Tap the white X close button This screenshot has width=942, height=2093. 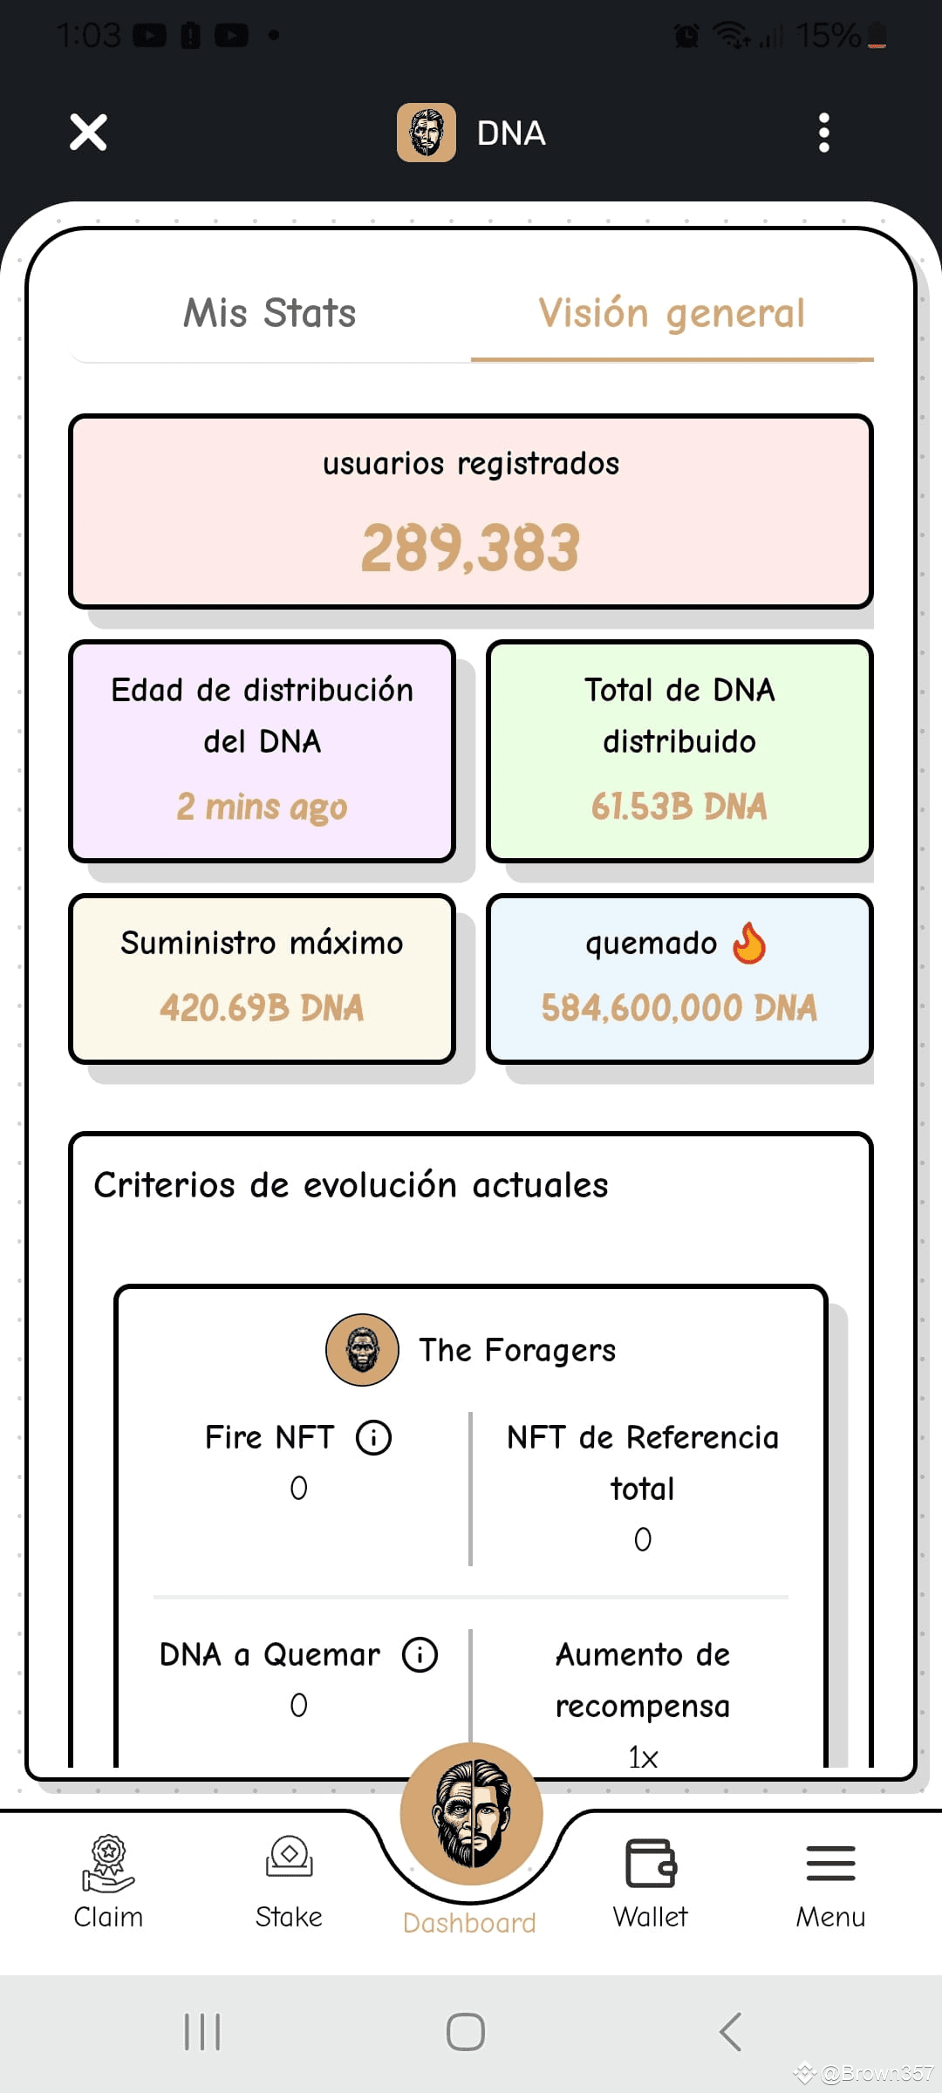[x=88, y=133]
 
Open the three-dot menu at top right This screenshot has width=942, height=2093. [x=823, y=133]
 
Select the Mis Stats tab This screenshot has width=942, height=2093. [x=270, y=313]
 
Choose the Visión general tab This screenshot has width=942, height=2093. [x=672, y=314]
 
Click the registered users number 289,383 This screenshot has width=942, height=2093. [x=471, y=548]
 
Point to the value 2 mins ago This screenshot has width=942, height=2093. [x=262, y=807]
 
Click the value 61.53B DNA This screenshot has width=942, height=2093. [x=679, y=807]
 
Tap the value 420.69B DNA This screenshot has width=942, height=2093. [x=262, y=1008]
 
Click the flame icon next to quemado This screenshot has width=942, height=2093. [x=749, y=943]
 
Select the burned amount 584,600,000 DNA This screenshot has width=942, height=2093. [x=679, y=1008]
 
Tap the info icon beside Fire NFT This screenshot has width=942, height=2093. [x=373, y=1437]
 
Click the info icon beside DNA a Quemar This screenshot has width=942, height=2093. [x=420, y=1654]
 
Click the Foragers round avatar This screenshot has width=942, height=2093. [x=362, y=1350]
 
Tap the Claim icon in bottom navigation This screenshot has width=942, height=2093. [x=108, y=1865]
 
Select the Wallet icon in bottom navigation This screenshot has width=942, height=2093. [x=651, y=1864]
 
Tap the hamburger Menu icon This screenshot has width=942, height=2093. [x=830, y=1864]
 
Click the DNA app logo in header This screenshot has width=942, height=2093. [x=427, y=133]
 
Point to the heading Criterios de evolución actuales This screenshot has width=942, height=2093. [x=351, y=1185]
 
